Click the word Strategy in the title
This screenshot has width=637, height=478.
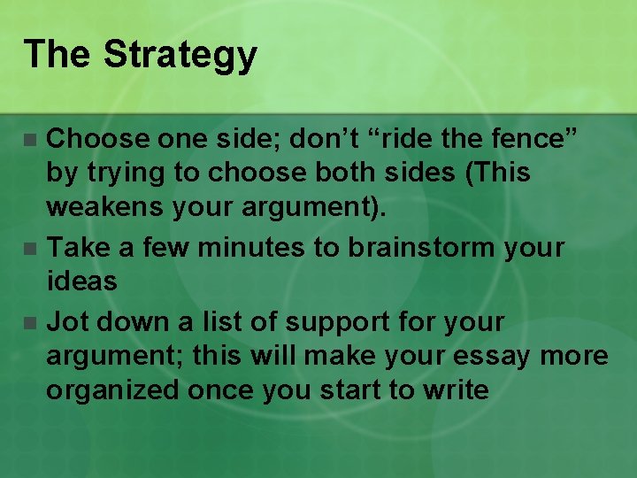click(180, 55)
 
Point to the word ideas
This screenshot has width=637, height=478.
click(81, 281)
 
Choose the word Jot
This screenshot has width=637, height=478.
click(66, 322)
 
